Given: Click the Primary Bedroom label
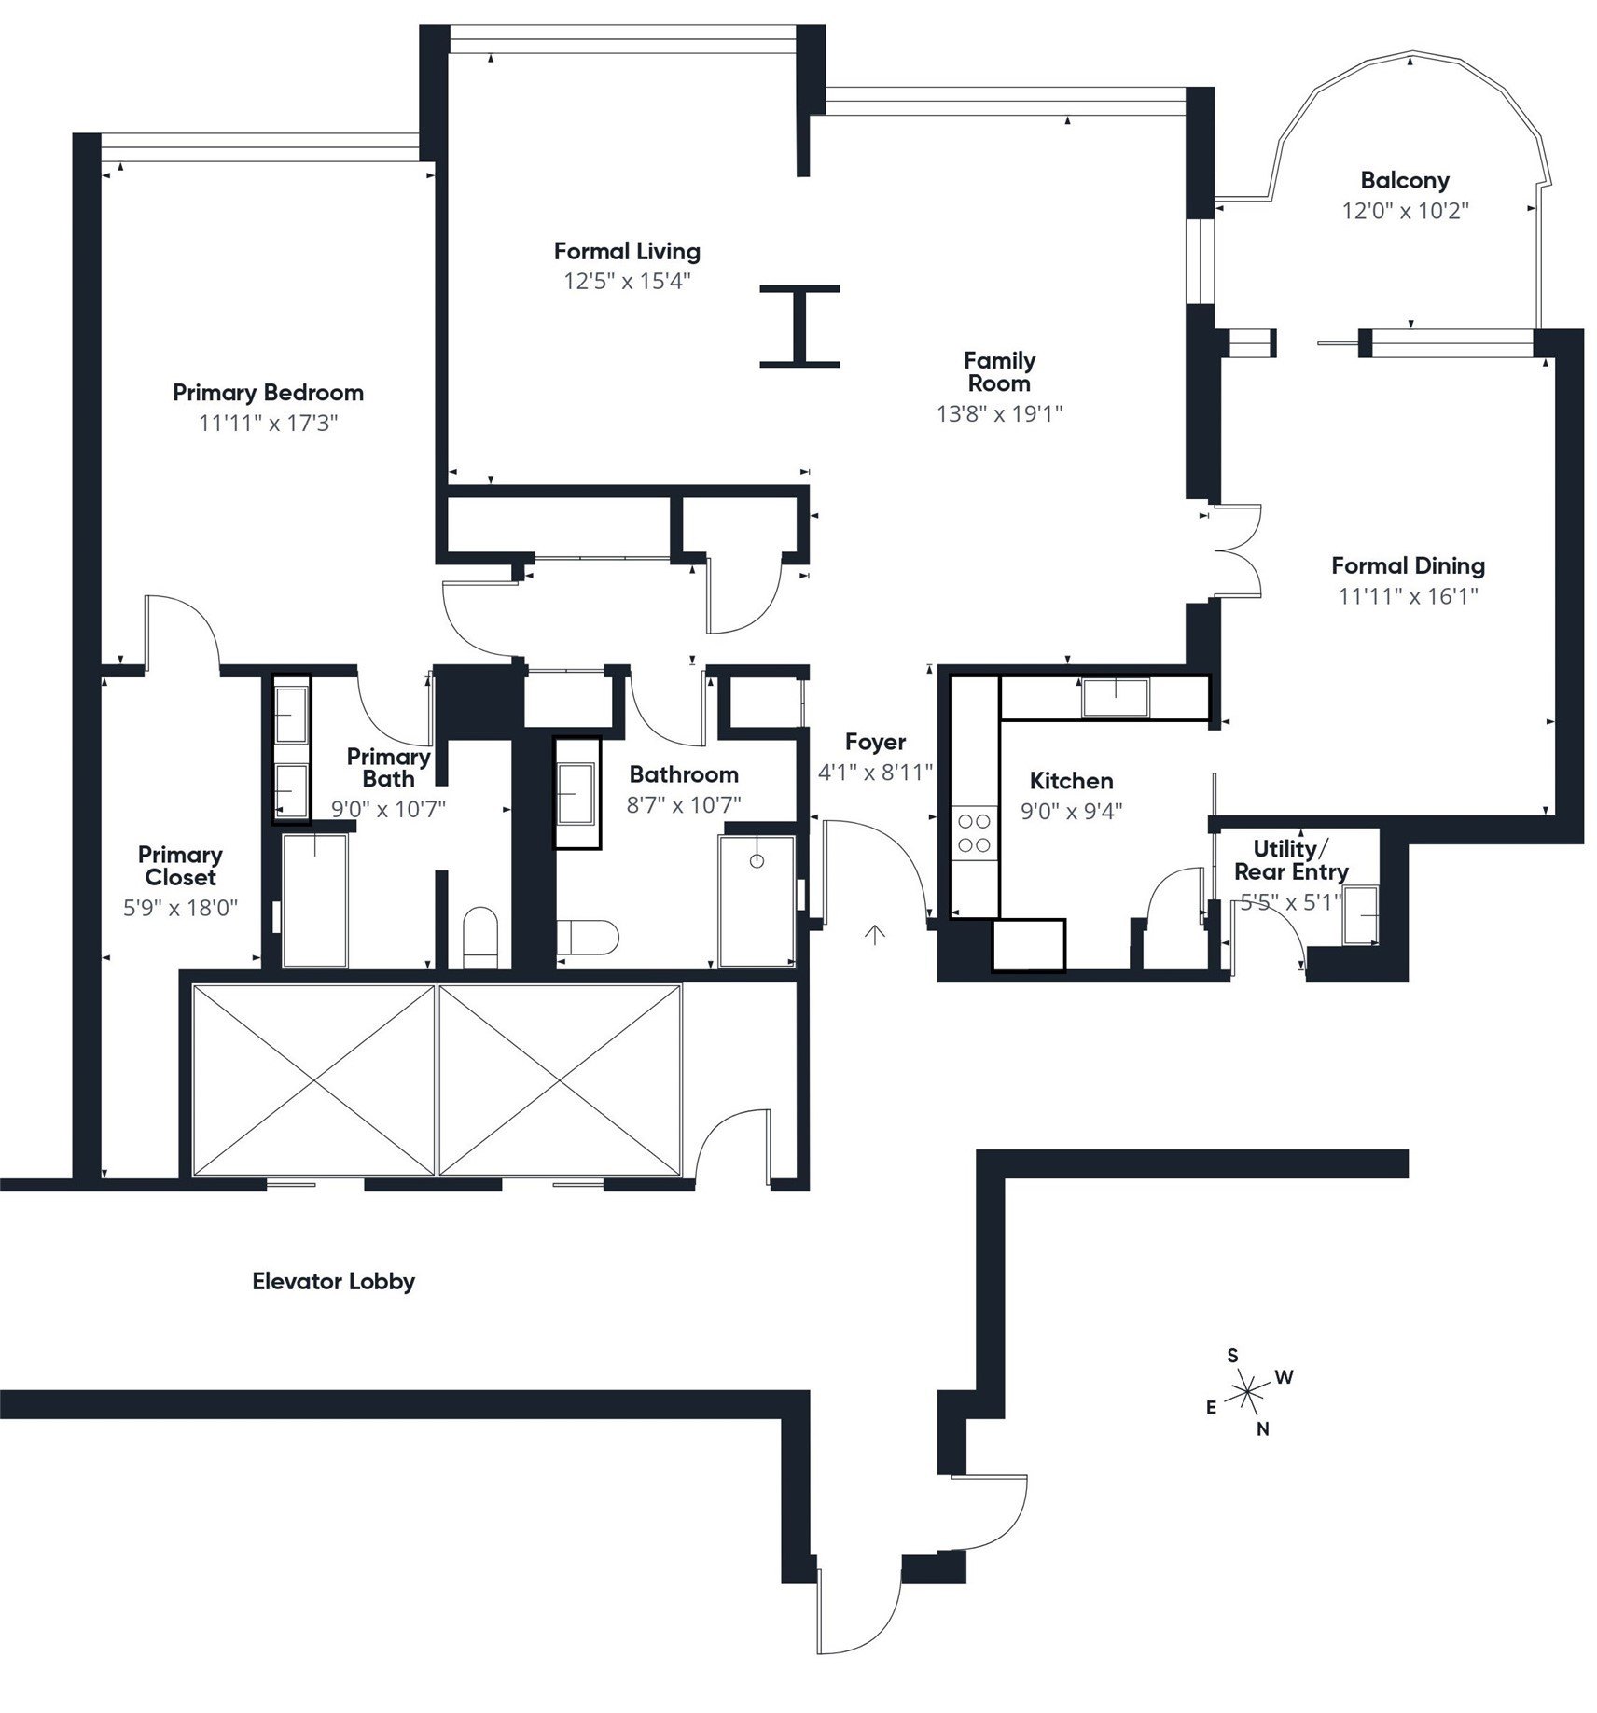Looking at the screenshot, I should click(268, 392).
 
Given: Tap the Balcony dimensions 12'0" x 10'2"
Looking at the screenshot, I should click(1404, 210).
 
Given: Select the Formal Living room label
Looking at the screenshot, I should click(627, 251).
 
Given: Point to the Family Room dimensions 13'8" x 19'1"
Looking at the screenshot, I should click(999, 413).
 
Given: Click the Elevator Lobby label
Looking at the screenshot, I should click(333, 1281).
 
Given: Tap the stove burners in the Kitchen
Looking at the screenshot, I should click(974, 833).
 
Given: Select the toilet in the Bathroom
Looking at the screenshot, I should click(590, 937).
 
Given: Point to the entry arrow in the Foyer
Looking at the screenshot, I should click(874, 934).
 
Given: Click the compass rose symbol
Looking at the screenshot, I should click(1247, 1395).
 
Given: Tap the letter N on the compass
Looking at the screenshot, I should click(1262, 1428).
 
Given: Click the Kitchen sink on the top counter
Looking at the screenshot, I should click(1115, 698).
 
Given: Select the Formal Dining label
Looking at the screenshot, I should click(1408, 565).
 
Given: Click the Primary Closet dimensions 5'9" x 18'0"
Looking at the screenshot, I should click(180, 907).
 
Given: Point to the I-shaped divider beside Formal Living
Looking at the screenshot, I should click(799, 327).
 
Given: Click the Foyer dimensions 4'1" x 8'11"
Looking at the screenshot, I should click(875, 772).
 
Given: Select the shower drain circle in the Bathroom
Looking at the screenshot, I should click(757, 860).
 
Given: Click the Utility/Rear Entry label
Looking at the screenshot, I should click(1290, 860).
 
